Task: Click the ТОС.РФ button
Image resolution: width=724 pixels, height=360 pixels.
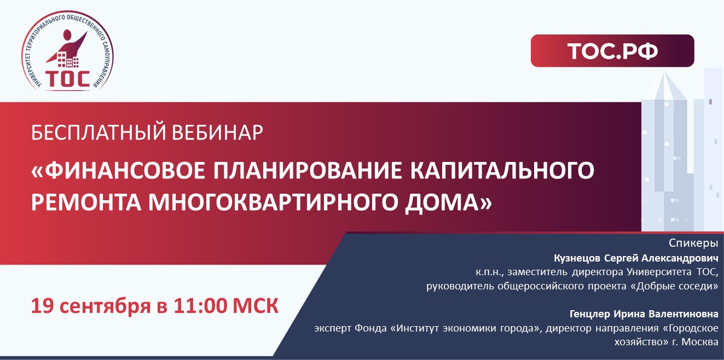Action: (612, 51)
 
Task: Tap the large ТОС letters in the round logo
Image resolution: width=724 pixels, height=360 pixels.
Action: (67, 79)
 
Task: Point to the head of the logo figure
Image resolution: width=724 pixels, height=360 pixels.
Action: (67, 34)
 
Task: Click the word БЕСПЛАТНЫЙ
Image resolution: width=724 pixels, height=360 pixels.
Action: (99, 132)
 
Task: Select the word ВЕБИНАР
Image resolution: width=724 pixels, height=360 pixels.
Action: (217, 132)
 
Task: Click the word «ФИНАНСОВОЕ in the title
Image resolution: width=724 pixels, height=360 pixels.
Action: (118, 170)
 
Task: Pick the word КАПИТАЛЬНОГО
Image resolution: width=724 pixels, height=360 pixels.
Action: (502, 170)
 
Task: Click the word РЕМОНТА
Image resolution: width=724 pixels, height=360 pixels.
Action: (86, 202)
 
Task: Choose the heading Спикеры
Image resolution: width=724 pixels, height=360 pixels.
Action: (693, 243)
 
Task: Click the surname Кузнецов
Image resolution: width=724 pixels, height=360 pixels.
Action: (577, 258)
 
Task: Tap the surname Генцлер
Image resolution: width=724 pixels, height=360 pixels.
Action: (589, 314)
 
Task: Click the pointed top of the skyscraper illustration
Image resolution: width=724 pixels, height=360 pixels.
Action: (664, 72)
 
